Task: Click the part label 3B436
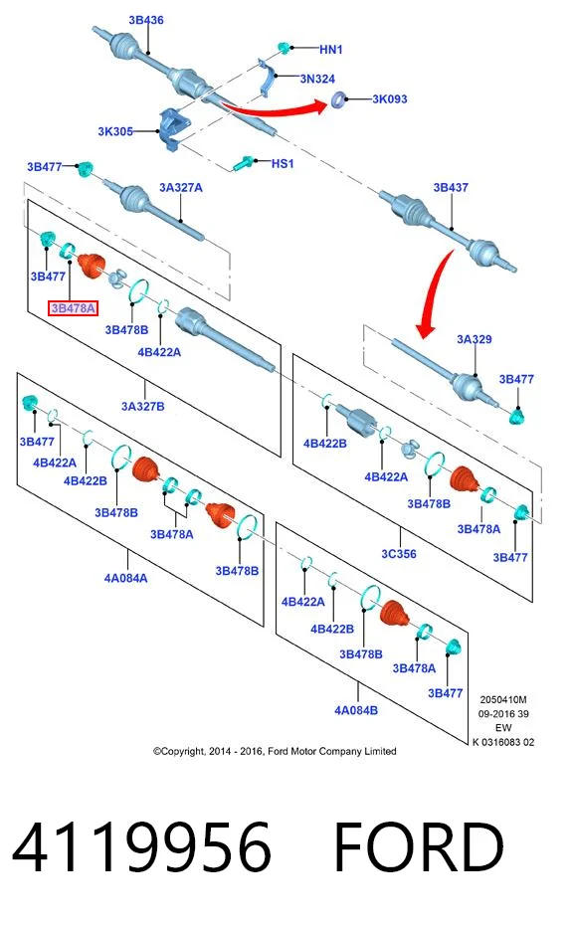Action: pyautogui.click(x=146, y=20)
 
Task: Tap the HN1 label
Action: pyautogui.click(x=330, y=50)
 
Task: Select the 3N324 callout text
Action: pyautogui.click(x=317, y=79)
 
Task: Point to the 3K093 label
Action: pyautogui.click(x=390, y=99)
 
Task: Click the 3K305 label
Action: pyautogui.click(x=115, y=131)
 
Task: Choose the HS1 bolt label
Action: pyautogui.click(x=283, y=163)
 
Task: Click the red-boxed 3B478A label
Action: pyautogui.click(x=73, y=308)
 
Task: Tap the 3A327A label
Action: pyautogui.click(x=181, y=188)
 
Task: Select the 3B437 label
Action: pyautogui.click(x=451, y=188)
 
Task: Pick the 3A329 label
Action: pyautogui.click(x=474, y=339)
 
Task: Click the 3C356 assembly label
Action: pyautogui.click(x=399, y=554)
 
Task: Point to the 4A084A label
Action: pyautogui.click(x=125, y=578)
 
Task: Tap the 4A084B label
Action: pyautogui.click(x=356, y=710)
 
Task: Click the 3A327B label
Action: pyautogui.click(x=143, y=407)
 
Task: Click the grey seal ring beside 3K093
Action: pyautogui.click(x=338, y=99)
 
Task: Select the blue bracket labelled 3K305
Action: pyautogui.click(x=173, y=128)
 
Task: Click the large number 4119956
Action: pyautogui.click(x=141, y=847)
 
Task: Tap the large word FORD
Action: pyautogui.click(x=419, y=847)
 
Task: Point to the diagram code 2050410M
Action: pyautogui.click(x=503, y=699)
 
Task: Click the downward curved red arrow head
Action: pyautogui.click(x=425, y=329)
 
